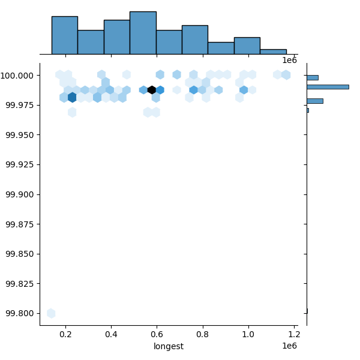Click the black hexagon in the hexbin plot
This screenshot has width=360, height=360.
tap(152, 90)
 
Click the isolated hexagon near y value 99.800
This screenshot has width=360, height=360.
tap(51, 313)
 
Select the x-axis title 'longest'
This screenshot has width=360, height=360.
tap(169, 346)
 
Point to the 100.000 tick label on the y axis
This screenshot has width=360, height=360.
tap(20, 76)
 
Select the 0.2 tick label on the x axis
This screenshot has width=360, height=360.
tap(65, 334)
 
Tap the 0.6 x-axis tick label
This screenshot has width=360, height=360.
tap(157, 334)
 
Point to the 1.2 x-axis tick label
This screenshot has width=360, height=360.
tap(294, 334)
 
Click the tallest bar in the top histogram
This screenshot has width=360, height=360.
tap(143, 33)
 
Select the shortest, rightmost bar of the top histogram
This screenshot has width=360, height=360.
tap(273, 52)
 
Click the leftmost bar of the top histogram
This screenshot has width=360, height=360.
tap(64, 35)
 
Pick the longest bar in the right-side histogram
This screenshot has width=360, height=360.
tap(328, 87)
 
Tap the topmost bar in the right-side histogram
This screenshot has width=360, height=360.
tap(312, 77)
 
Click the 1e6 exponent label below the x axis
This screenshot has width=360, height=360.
tap(290, 346)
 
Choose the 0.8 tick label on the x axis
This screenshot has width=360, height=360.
tap(203, 334)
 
